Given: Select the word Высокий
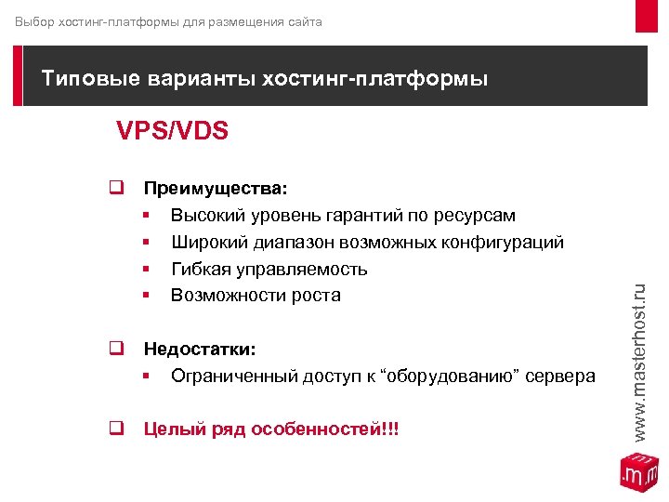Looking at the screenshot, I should pyautogui.click(x=205, y=216).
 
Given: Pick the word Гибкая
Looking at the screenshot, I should pyautogui.click(x=199, y=270).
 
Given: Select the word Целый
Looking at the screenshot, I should pyautogui.click(x=171, y=429).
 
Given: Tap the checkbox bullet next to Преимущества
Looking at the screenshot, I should pyautogui.click(x=116, y=188).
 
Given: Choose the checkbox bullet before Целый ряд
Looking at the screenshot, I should pyautogui.click(x=116, y=429).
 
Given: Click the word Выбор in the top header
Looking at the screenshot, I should pyautogui.click(x=34, y=21).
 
